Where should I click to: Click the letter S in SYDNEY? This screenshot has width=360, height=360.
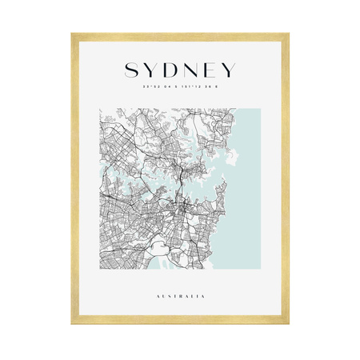130,71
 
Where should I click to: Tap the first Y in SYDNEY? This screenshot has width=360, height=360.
150,71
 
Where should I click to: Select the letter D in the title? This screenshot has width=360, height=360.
171,71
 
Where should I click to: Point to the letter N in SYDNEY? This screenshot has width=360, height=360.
193,71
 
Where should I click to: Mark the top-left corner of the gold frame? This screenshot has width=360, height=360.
72,34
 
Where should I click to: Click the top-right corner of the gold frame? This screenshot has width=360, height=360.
288,34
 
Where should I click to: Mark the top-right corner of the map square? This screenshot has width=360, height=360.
261,110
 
